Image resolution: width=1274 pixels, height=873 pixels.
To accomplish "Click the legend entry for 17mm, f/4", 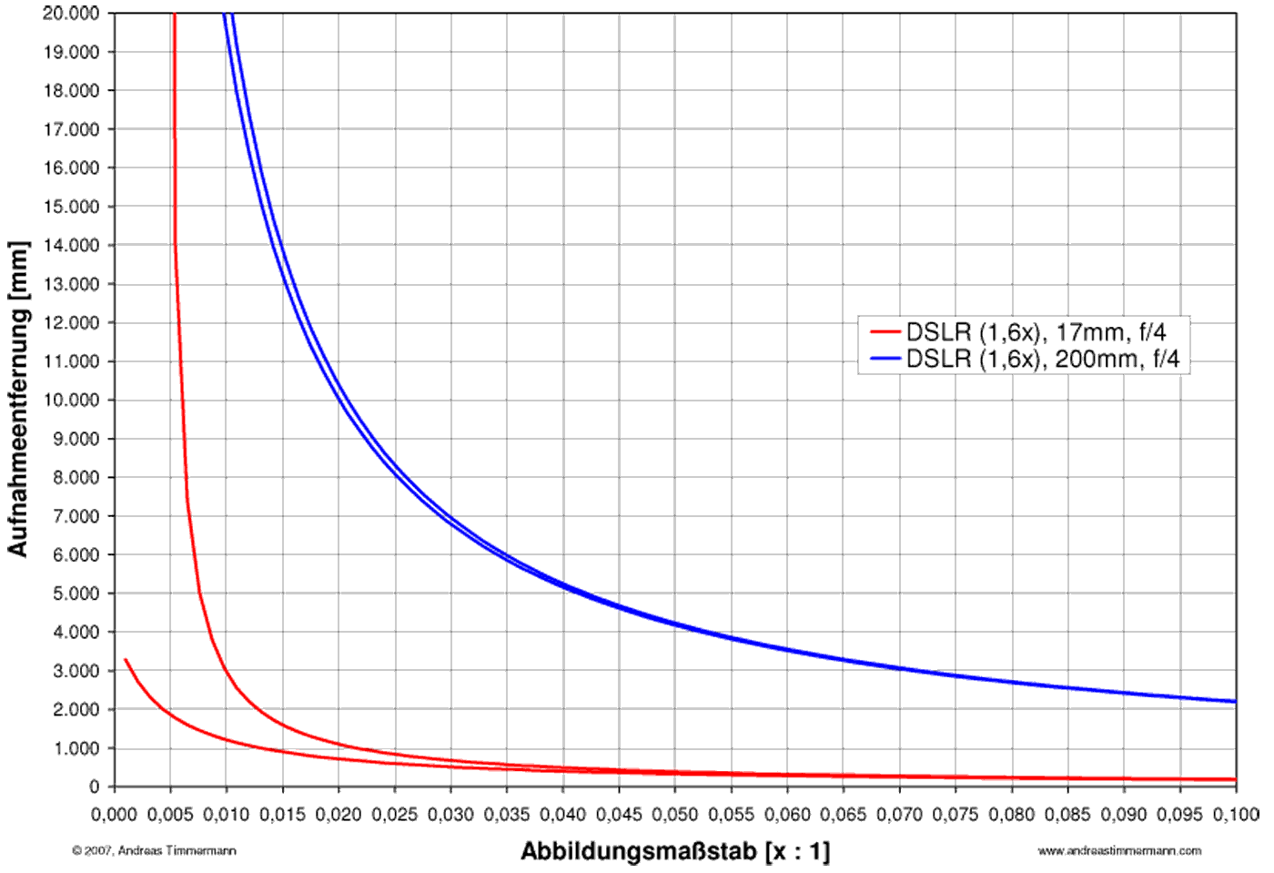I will [1036, 332].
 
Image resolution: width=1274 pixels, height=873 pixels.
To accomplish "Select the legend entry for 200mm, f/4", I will [1042, 359].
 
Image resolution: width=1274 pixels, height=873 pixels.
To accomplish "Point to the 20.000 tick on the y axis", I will [71, 13].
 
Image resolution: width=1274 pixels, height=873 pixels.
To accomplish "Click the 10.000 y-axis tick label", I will [71, 400].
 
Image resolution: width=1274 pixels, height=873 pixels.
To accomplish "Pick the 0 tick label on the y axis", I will [95, 787].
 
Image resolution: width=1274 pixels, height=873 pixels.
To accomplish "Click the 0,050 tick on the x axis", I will [675, 814].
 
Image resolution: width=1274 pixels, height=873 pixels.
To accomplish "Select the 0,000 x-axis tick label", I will [114, 814].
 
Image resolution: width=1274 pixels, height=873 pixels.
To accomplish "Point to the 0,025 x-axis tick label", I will [395, 814].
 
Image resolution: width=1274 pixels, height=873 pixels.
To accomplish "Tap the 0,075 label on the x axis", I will [955, 814].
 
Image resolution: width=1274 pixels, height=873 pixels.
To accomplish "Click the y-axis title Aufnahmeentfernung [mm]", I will [18, 399].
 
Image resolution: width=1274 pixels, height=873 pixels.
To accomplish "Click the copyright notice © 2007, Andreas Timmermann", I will [154, 850].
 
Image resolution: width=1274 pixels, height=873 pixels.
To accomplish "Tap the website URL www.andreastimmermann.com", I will [1119, 850].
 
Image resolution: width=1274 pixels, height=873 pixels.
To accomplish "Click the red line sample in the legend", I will [885, 332].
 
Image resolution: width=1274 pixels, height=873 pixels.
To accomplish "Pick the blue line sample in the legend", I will [885, 359].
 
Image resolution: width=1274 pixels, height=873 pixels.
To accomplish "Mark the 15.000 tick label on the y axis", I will [71, 207].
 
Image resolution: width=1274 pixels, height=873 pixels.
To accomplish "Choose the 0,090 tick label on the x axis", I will [1124, 814].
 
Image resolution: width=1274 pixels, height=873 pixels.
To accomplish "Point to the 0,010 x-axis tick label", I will [227, 814].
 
